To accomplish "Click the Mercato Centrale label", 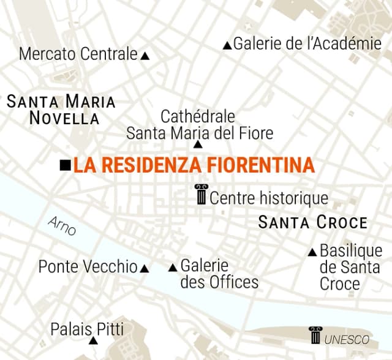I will coord(78,54).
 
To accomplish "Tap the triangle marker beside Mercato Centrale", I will coord(145,56).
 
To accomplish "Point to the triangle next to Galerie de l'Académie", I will coord(227,45).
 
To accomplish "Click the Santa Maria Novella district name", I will coord(61,110).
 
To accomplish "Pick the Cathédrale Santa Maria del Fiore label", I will coord(199,124).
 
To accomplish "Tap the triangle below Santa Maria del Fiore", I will coord(197,144).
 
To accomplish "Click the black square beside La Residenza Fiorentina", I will coord(65,165).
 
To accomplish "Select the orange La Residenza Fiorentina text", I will coord(194,165).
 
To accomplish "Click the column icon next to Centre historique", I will coord(200,195).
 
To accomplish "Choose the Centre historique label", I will coord(269,198).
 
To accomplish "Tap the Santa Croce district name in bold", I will coord(313,222).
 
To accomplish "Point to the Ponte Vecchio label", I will coord(88,267).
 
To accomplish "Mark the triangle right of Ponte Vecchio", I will coord(145,268).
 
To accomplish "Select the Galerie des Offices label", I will coord(219,274).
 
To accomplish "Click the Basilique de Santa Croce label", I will coord(350,268).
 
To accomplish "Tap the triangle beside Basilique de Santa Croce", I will coord(312,252).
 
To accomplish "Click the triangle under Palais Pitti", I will coord(92,340).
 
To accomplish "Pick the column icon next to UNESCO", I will coord(315,336).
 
